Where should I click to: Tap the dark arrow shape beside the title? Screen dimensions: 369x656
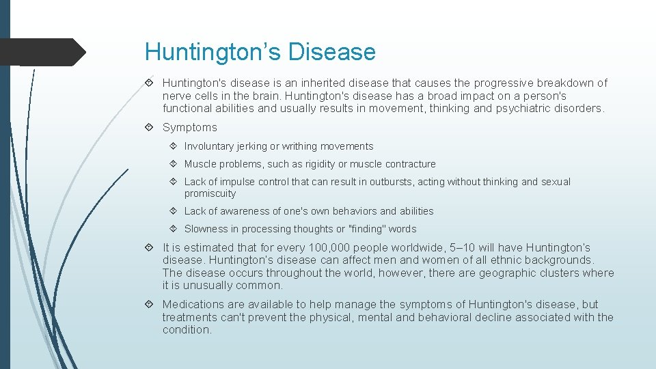pos(41,52)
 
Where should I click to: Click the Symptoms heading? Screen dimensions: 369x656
pos(189,127)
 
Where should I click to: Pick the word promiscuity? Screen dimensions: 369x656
pos(210,193)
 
